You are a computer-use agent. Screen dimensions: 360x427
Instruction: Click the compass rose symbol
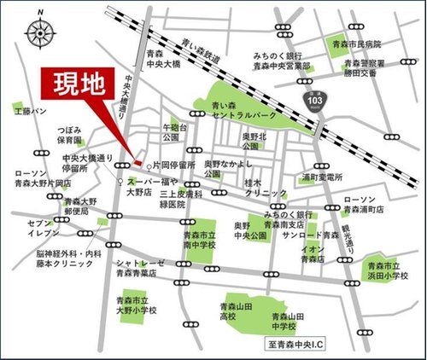[x=39, y=33]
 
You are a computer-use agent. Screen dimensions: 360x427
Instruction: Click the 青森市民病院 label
[x=357, y=44]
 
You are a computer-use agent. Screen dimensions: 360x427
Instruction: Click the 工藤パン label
[x=29, y=111]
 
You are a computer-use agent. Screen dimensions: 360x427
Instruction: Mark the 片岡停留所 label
[x=174, y=165]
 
